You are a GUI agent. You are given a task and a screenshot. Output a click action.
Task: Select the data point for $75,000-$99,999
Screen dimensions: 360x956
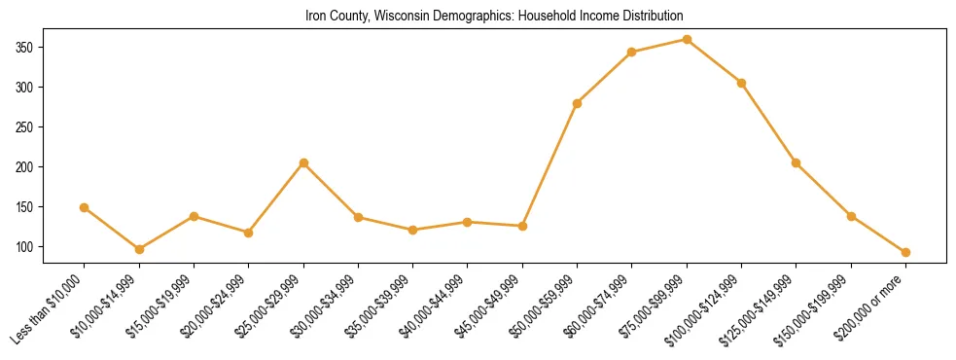coord(687,39)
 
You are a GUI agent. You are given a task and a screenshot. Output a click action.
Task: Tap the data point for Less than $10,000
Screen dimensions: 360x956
coord(85,207)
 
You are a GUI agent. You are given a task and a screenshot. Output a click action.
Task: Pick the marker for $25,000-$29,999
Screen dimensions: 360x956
coord(303,162)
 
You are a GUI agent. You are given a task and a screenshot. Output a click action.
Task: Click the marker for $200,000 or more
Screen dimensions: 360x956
coord(905,252)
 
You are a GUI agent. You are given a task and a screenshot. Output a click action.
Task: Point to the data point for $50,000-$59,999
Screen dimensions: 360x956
coord(577,103)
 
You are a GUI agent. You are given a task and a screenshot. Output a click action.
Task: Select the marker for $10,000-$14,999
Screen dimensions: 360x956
coord(139,249)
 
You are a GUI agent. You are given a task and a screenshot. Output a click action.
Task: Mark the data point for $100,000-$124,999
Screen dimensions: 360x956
coord(741,83)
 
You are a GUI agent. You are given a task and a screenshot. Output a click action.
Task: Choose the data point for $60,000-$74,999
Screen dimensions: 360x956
coord(632,52)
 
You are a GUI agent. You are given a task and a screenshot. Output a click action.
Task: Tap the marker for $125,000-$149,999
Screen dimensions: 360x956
coord(796,162)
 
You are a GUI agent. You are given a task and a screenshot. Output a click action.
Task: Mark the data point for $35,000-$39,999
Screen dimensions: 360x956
coord(412,230)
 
